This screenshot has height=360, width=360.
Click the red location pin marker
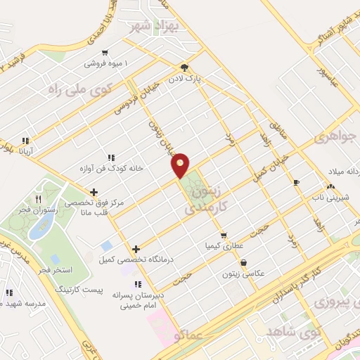[x=180, y=165]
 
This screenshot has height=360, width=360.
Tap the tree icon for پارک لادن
[x=184, y=67]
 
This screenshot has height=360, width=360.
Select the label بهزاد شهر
[x=156, y=27]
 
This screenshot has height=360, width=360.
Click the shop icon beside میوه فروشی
[x=105, y=51]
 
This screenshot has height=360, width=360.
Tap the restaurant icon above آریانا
[x=26, y=140]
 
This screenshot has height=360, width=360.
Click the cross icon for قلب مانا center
[x=94, y=191]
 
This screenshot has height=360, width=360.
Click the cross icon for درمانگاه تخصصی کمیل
[x=136, y=249]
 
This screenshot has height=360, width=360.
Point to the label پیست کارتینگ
[x=99, y=289]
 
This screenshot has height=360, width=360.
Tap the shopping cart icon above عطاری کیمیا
[x=224, y=236]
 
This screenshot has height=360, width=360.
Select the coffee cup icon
[x=296, y=183]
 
